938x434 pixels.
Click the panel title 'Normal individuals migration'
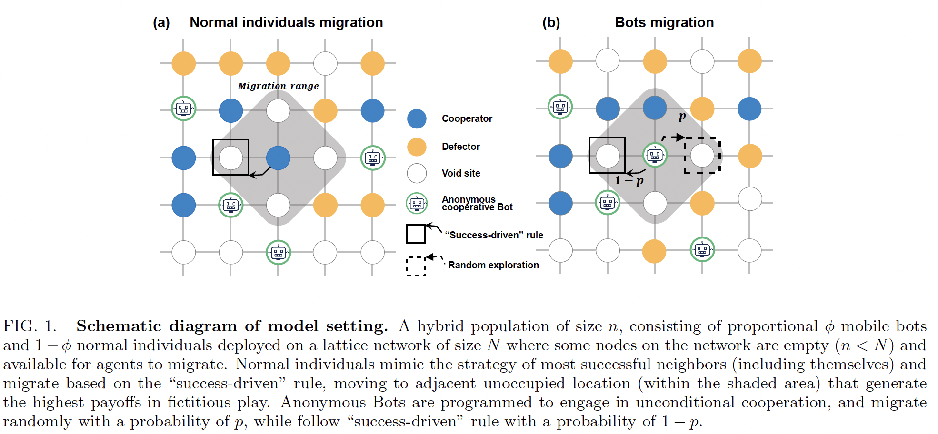click(286, 22)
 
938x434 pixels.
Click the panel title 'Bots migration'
click(664, 22)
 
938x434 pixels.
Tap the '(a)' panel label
click(161, 23)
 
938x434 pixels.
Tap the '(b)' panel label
click(551, 23)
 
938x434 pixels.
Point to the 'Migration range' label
click(279, 86)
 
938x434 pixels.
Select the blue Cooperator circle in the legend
click(417, 118)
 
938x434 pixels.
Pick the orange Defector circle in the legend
click(417, 147)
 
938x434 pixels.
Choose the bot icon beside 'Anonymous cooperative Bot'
click(417, 203)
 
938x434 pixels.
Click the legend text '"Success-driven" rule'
click(494, 235)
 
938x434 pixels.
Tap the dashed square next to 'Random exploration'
click(416, 266)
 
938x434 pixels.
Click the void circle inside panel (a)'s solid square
click(231, 158)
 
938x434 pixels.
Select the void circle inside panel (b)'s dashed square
click(702, 156)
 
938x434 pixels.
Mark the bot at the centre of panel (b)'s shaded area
click(655, 155)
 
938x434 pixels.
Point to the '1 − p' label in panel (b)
click(629, 180)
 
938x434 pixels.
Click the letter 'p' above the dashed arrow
click(682, 117)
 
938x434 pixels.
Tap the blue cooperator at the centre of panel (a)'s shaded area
click(278, 158)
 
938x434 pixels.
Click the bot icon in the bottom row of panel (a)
click(278, 252)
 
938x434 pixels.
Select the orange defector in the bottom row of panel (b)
click(654, 251)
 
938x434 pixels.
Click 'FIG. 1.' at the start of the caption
click(30, 326)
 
